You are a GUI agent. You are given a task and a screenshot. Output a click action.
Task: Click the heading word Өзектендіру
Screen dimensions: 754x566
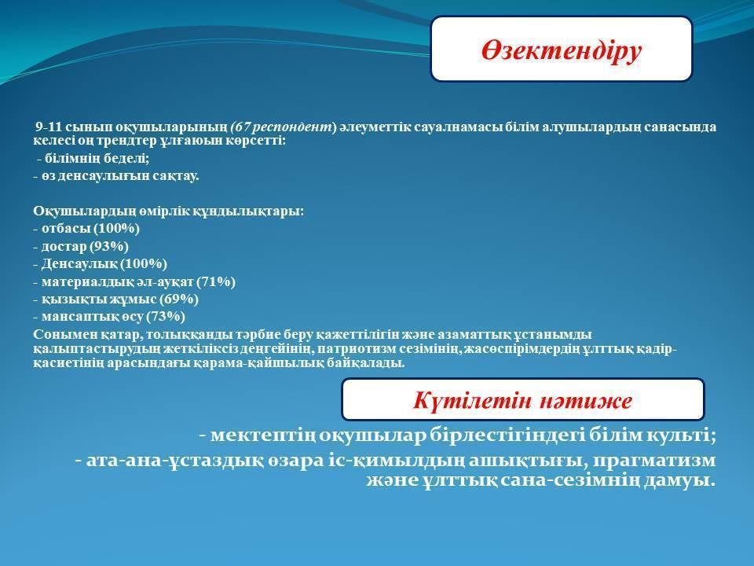[x=561, y=51]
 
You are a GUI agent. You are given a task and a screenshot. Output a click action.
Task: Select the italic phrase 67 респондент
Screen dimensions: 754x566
[x=283, y=127]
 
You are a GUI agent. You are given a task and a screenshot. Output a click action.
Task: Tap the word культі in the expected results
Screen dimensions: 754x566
[x=682, y=435]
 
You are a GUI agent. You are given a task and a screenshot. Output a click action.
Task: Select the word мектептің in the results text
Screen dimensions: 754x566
[x=263, y=436]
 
